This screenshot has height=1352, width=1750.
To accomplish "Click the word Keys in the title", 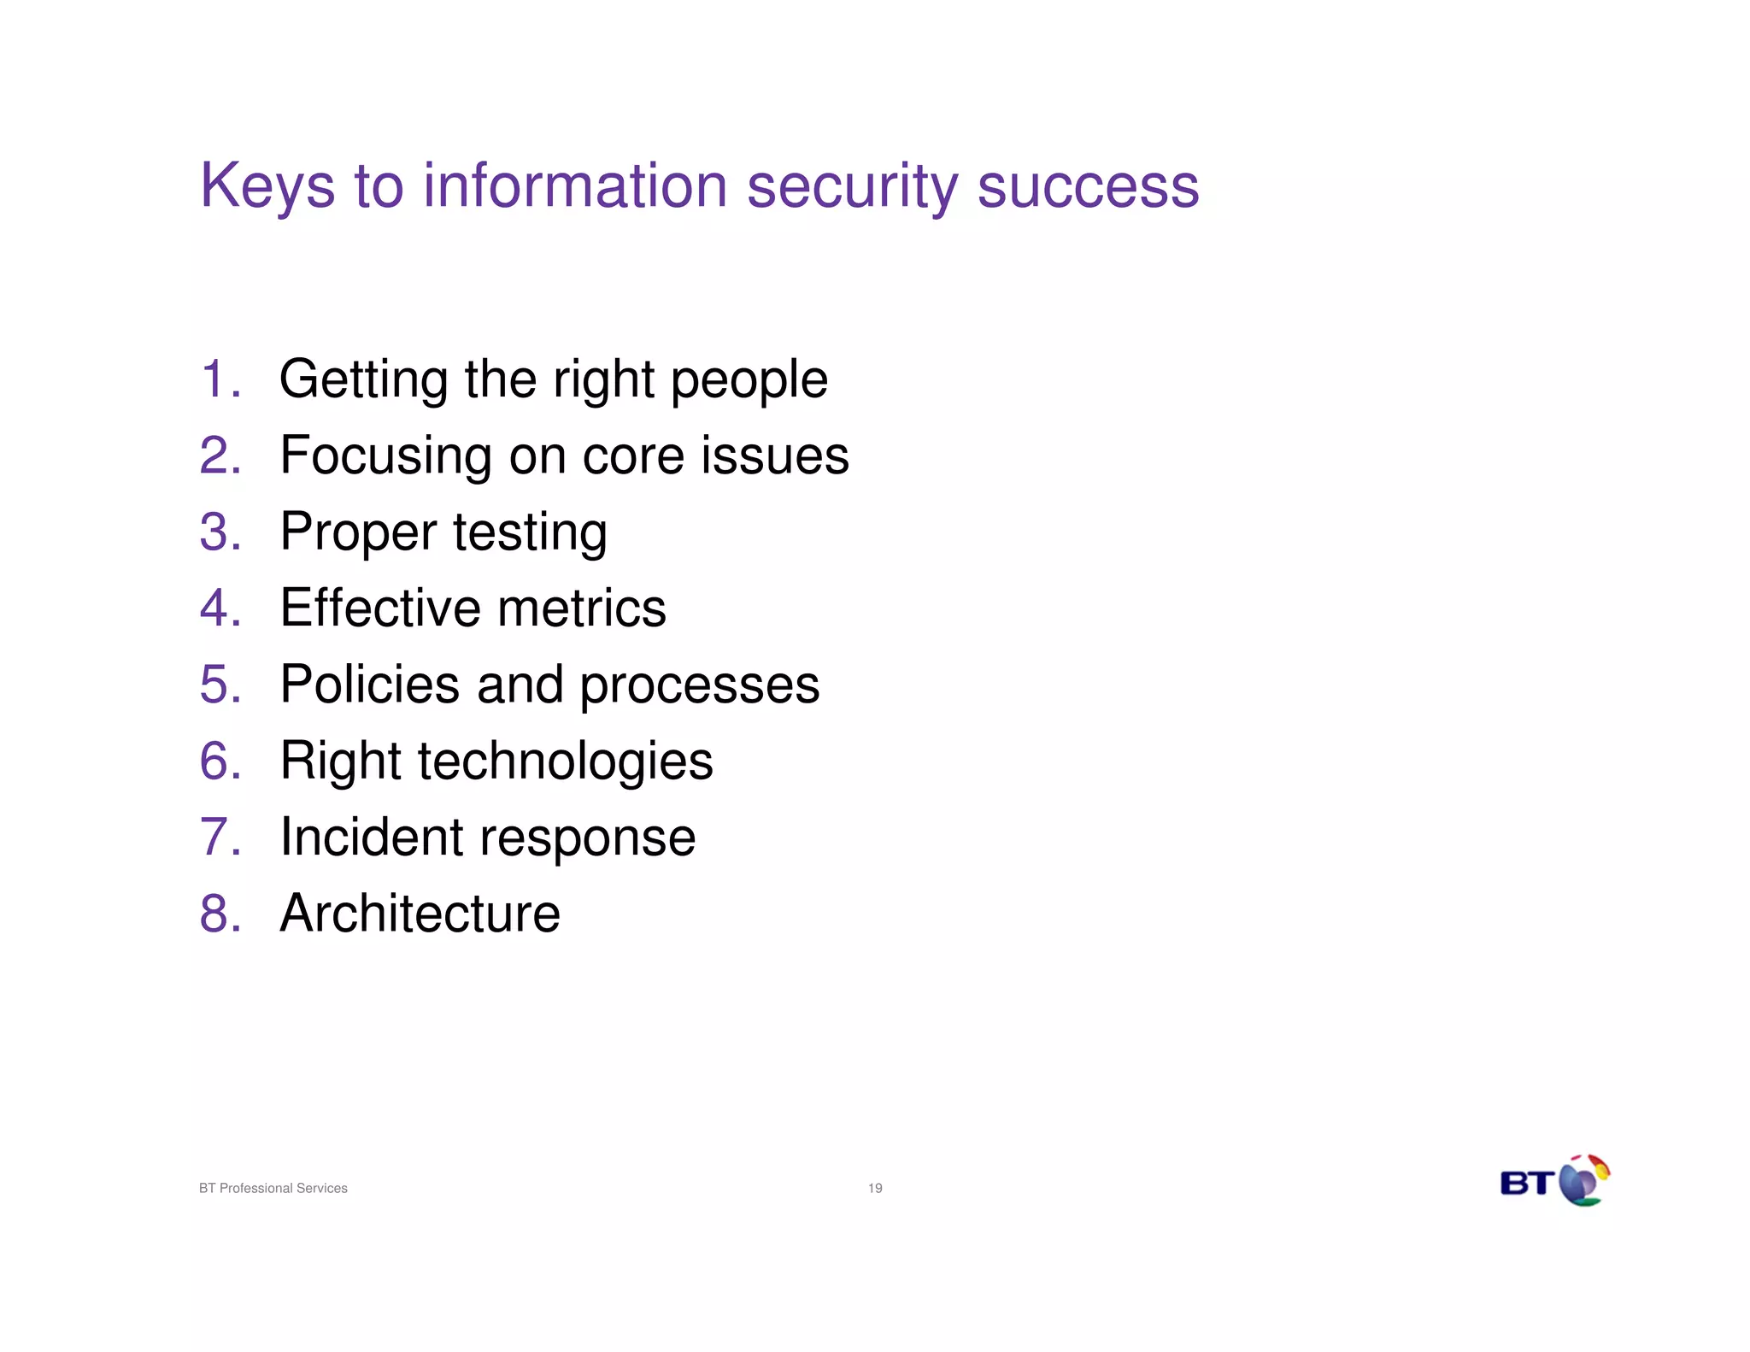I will tap(267, 186).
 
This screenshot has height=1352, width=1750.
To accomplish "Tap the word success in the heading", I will tap(1088, 186).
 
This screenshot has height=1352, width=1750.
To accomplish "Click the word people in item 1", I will tap(749, 380).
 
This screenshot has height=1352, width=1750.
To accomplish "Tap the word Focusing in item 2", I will tap(385, 456).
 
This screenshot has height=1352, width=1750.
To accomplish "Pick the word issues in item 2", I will tap(775, 456).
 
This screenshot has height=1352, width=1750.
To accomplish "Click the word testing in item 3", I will tap(530, 532).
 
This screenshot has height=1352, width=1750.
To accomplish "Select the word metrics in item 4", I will tap(581, 608).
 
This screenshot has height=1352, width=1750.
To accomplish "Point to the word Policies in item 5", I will tap(370, 685).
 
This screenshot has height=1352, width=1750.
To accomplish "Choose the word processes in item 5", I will tap(699, 686).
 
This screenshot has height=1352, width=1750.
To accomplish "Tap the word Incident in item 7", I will tap(370, 837).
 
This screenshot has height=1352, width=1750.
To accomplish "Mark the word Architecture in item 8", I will tap(420, 913).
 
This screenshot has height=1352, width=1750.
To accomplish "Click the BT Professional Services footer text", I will tap(273, 1188).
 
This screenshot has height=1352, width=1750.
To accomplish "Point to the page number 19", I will tap(875, 1188).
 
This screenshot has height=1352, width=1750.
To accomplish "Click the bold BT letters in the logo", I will tap(1527, 1184).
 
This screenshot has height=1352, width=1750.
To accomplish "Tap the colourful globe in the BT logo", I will tap(1583, 1181).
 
